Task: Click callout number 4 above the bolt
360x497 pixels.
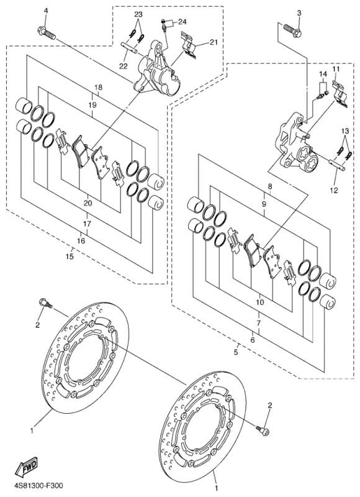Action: [46, 11]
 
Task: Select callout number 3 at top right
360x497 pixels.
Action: [299, 13]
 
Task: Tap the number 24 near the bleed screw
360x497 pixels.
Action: [182, 22]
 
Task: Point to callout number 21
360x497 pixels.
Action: [214, 42]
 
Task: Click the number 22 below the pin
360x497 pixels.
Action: [123, 66]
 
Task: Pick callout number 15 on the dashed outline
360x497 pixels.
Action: [70, 257]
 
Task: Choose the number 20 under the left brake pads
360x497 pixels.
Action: [88, 203]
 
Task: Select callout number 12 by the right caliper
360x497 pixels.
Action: [334, 190]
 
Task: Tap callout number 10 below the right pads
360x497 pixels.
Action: [259, 302]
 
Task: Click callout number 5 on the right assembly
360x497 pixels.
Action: [236, 352]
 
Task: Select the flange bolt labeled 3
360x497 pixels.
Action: [292, 30]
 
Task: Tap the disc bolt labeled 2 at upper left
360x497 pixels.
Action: [45, 303]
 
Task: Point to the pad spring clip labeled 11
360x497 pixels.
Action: [340, 94]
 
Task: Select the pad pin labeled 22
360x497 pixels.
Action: [130, 47]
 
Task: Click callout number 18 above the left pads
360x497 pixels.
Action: [99, 87]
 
